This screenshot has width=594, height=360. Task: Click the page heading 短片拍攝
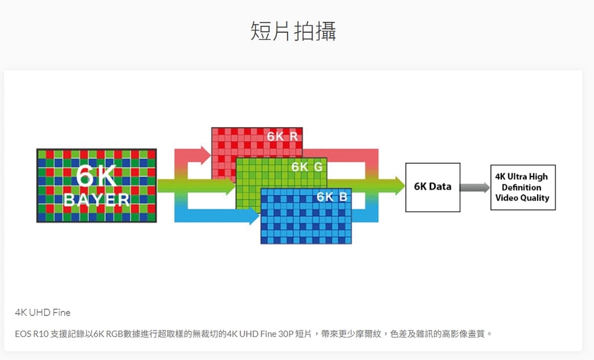point(293,31)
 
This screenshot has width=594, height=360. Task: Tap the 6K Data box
point(432,187)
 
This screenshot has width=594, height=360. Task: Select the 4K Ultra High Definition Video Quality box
point(523,187)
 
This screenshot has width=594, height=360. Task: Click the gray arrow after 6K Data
point(475,187)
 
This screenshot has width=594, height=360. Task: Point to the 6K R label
point(282,137)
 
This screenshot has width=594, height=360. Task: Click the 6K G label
point(307,167)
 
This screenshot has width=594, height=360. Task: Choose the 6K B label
point(332,197)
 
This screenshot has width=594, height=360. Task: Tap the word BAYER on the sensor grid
point(97,200)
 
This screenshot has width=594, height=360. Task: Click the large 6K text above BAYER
point(96,175)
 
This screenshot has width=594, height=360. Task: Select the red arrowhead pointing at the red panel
point(206,155)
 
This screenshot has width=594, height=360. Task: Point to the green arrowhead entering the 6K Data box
point(399,186)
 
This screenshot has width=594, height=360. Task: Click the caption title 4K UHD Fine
point(43,312)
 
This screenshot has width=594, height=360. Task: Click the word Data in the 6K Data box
point(440,187)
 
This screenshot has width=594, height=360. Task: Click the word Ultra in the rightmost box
point(517,176)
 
